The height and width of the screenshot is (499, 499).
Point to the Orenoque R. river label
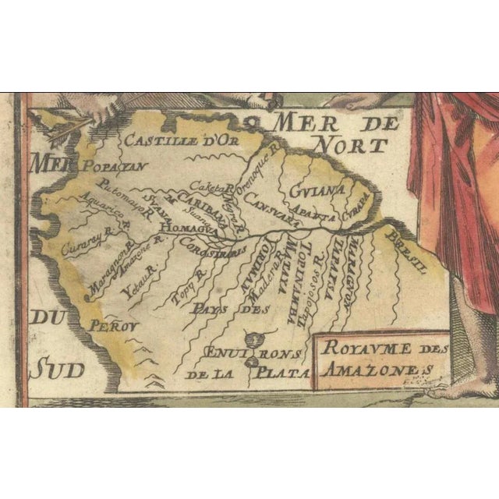(256, 180)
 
